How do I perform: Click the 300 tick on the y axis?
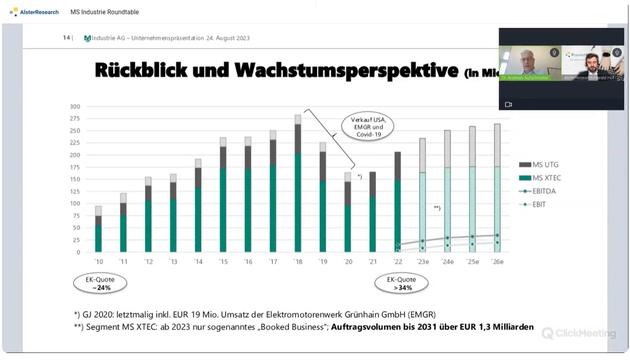pos(75,107)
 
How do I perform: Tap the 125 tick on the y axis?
pos(75,192)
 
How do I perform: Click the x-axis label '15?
pos(223,262)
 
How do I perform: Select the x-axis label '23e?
pos(423,262)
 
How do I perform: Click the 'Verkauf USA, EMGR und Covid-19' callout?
pos(367,127)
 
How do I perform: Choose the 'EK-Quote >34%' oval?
pos(401,284)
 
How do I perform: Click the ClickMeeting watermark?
pos(579,333)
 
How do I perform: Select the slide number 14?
pos(66,38)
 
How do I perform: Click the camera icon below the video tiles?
pos(508,104)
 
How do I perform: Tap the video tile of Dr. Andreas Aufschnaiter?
pos(529,63)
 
